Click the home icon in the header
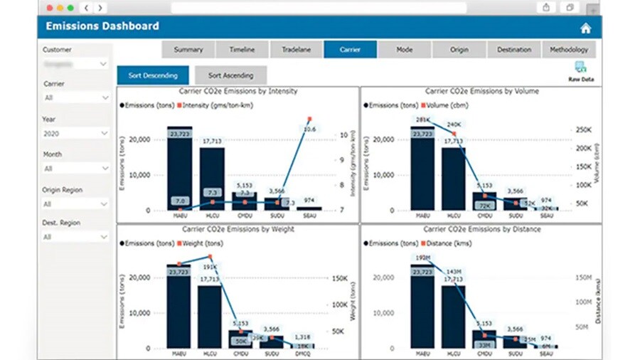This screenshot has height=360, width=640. tap(585, 28)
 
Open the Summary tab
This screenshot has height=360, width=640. tap(188, 50)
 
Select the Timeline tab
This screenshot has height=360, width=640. tap(242, 50)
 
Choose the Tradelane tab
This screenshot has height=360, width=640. tap(297, 50)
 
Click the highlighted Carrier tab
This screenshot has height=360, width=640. tap(350, 50)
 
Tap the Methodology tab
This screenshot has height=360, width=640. tap(569, 50)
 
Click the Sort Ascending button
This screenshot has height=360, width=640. tap(230, 75)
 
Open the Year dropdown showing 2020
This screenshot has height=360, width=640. tap(75, 134)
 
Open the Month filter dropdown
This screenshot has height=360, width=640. tap(75, 169)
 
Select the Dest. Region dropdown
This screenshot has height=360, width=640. tap(75, 237)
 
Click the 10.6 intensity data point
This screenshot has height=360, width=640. tap(309, 119)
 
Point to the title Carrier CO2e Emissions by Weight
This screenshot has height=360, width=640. tap(238, 229)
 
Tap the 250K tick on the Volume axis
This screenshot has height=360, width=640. tap(584, 130)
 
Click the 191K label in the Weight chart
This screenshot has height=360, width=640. tap(210, 268)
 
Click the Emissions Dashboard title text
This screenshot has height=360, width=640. tap(102, 26)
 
